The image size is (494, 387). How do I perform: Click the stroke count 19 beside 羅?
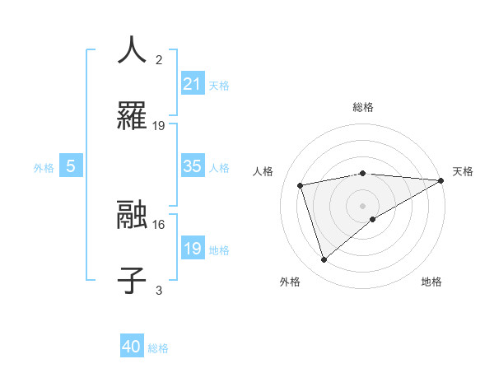(x=159, y=126)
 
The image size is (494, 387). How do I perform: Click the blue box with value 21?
(x=193, y=84)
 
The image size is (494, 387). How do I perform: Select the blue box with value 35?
(x=193, y=166)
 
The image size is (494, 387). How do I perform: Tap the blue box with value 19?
(x=193, y=249)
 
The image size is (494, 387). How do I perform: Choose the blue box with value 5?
(x=71, y=166)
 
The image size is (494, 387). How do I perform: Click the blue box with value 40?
(x=132, y=347)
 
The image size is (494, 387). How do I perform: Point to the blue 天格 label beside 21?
(x=219, y=85)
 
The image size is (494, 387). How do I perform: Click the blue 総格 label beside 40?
(x=158, y=347)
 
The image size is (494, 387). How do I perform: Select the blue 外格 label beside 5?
(x=44, y=167)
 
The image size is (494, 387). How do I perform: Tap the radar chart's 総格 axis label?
(x=363, y=108)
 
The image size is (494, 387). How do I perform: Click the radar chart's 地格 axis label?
(x=431, y=282)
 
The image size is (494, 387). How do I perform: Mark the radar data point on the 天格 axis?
(x=441, y=181)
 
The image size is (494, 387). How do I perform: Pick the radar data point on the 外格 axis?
(x=324, y=260)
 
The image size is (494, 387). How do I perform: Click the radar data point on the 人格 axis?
(x=300, y=184)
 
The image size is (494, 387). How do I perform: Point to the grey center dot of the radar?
(x=363, y=205)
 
